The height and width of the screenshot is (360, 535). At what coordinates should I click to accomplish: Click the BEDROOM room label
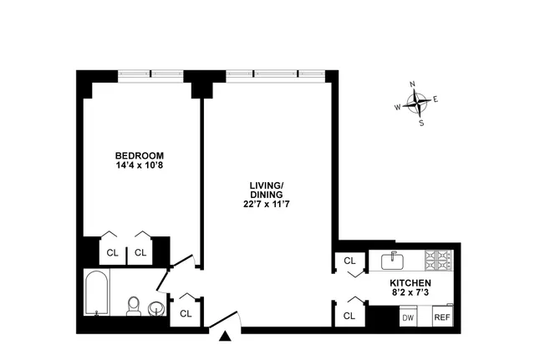139,156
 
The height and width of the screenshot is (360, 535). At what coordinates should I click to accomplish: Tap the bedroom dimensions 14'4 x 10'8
139,166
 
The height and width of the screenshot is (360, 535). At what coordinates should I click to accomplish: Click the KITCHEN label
410,284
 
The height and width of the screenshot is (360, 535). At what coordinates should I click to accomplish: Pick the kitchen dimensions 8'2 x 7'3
410,294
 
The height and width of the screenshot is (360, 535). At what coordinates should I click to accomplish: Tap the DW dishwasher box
408,317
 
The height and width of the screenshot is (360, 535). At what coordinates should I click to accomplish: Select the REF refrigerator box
441,317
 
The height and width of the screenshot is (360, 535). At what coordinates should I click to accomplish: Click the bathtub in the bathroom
97,294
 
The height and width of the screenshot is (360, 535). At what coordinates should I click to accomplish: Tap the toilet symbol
132,306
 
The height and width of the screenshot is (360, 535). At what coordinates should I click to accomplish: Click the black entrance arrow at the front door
225,337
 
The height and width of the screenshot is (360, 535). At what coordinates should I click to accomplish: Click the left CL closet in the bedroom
112,251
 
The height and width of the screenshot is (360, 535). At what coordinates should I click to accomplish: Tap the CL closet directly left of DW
349,315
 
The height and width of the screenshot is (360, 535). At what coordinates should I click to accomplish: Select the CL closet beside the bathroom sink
185,314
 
